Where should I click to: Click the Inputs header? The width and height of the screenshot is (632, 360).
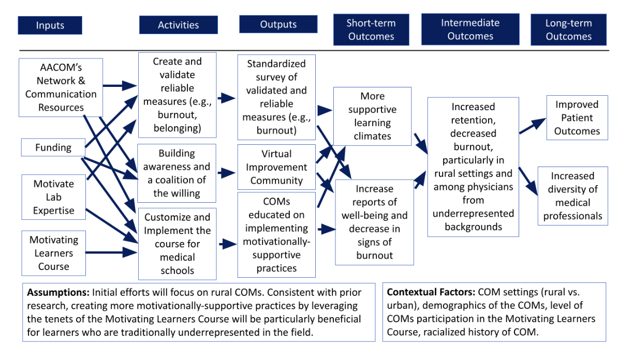point(50,25)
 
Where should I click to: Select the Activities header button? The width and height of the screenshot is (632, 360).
point(178,25)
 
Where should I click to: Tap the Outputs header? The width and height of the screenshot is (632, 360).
point(278,24)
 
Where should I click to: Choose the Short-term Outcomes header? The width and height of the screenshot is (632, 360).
point(371,30)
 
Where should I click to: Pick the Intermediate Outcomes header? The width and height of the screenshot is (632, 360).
point(470,29)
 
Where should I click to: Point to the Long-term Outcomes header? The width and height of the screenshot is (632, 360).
point(568,30)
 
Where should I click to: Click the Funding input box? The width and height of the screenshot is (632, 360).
point(53,147)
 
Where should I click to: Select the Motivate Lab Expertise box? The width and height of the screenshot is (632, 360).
point(53,197)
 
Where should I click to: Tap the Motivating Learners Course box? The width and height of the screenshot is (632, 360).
point(53,253)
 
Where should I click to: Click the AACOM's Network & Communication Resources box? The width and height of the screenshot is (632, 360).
point(61,87)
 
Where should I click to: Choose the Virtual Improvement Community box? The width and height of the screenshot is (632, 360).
point(276,167)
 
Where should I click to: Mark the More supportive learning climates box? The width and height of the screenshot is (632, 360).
point(372,116)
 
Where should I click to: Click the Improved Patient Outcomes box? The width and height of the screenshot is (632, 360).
point(577,118)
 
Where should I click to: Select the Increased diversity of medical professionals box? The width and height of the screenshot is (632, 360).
point(572,196)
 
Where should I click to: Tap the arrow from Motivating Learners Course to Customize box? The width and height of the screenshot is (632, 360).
point(111,253)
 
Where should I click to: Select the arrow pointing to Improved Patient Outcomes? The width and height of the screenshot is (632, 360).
point(533,126)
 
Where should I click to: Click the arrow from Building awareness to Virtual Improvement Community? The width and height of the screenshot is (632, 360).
point(226,173)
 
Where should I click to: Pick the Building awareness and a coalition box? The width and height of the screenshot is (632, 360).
point(177,173)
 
